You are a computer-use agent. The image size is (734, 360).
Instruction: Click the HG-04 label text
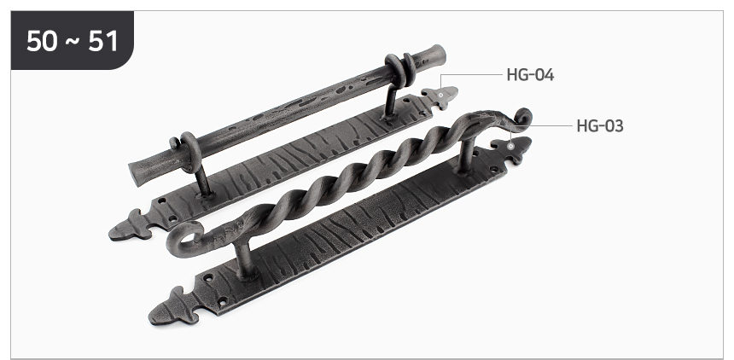[x=530, y=75]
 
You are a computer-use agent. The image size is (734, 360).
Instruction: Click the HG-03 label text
[x=600, y=126]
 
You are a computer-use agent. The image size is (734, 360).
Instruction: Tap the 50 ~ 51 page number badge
[x=73, y=40]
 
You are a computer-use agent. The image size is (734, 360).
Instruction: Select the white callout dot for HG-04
[x=440, y=95]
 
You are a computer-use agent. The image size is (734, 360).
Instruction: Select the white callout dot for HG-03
[x=510, y=146]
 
